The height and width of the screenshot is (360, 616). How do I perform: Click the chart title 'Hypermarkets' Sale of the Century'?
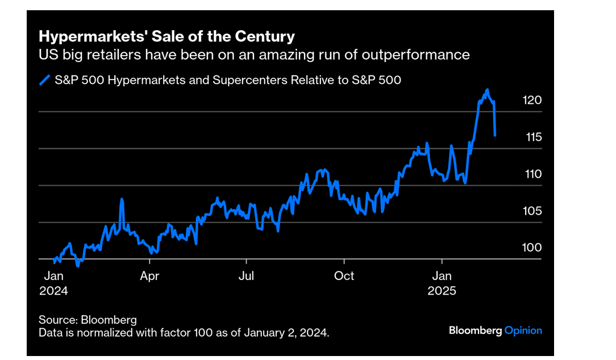[167, 37]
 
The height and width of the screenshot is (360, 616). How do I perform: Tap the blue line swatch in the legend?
[45, 80]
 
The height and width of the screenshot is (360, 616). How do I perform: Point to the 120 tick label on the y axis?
[532, 100]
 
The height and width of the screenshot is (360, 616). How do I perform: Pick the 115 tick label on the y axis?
[532, 137]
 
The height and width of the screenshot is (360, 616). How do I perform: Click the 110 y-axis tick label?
[532, 174]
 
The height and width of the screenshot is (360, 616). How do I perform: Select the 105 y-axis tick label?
[532, 211]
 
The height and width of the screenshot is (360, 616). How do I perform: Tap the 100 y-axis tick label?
[532, 248]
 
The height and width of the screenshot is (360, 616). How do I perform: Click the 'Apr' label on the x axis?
[149, 277]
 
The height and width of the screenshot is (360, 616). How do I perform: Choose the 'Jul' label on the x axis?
[246, 277]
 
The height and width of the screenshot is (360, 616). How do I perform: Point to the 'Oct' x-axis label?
[344, 277]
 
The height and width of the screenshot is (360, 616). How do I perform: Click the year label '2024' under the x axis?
[53, 291]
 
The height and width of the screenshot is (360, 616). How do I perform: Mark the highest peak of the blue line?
[487, 90]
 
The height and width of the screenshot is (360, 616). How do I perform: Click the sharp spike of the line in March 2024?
[122, 199]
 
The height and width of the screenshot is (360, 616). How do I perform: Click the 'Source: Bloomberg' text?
[88, 320]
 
